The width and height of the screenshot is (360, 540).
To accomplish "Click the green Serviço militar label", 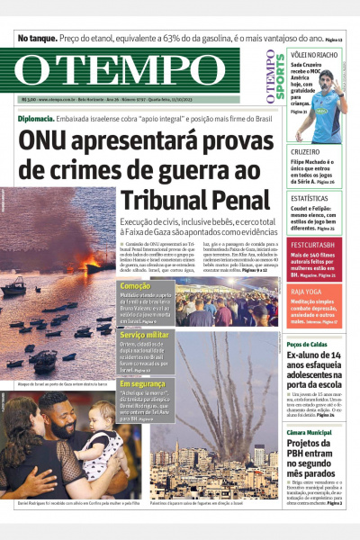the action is point(145,334).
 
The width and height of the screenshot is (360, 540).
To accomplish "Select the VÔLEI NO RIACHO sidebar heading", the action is point(314,55).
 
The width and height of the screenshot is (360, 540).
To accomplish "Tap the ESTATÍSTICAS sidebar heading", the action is point(310,199).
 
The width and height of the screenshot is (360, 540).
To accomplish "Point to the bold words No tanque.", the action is point(37,39).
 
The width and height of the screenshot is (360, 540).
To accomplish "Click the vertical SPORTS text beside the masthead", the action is point(268,73).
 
